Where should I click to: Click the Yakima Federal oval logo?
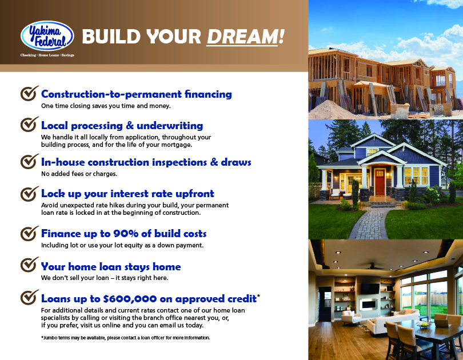coord(47,36)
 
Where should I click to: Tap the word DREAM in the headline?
coord(242,37)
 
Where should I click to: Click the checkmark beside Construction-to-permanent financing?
coord(29,93)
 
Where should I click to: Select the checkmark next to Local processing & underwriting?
coord(29,124)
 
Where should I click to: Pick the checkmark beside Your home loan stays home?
coord(29,265)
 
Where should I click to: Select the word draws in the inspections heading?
coord(236,162)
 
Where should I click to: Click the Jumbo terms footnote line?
coord(126,338)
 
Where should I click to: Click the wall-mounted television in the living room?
coord(370,289)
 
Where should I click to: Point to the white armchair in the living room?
coord(351,318)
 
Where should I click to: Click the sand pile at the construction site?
coord(327,110)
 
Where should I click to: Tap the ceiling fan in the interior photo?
coord(375,266)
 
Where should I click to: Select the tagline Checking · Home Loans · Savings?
coord(47,55)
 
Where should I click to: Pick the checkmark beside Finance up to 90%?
coord(29,233)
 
